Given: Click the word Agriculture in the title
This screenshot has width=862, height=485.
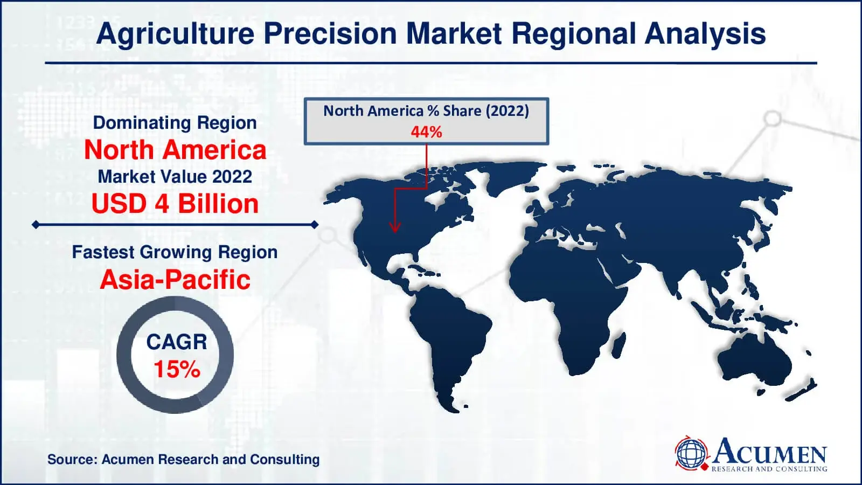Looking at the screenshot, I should pyautogui.click(x=175, y=33).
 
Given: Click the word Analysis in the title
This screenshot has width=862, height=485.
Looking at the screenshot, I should pyautogui.click(x=705, y=33).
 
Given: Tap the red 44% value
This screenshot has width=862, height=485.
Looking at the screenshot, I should pyautogui.click(x=426, y=132).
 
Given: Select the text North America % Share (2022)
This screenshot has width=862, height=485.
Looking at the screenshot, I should pyautogui.click(x=426, y=111).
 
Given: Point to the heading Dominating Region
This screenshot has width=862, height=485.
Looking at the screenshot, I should pyautogui.click(x=175, y=123).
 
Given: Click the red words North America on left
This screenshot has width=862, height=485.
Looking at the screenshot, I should pyautogui.click(x=175, y=150).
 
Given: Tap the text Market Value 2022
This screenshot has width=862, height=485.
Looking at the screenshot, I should pyautogui.click(x=175, y=177).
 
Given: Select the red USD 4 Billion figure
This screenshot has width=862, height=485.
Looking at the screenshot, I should pyautogui.click(x=175, y=204).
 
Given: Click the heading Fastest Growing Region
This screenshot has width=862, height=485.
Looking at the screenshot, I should pyautogui.click(x=175, y=252).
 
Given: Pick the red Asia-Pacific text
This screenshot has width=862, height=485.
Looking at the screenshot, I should pyautogui.click(x=175, y=280).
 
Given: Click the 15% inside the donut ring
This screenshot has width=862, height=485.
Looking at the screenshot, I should pyautogui.click(x=176, y=370).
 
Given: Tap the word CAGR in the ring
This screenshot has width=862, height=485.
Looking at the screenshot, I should pyautogui.click(x=176, y=342).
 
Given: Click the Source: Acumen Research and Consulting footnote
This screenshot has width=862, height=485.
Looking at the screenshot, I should pyautogui.click(x=183, y=460).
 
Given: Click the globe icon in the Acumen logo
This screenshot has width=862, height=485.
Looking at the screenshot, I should pyautogui.click(x=691, y=453).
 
